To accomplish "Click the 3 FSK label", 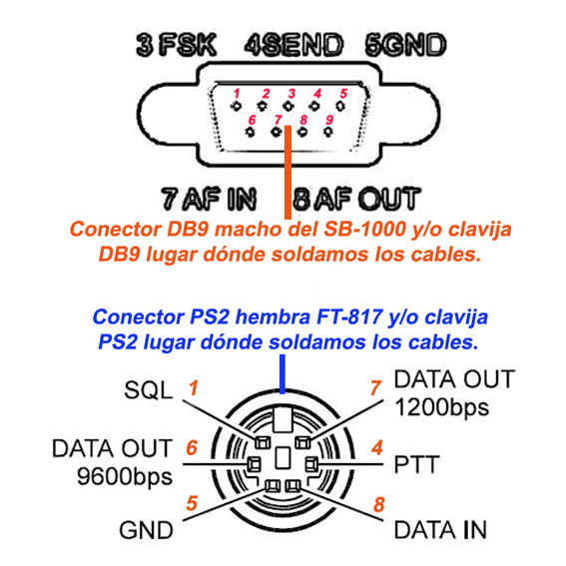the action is click(176, 46).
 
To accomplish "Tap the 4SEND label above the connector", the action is click(293, 46).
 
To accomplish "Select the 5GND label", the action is click(405, 46).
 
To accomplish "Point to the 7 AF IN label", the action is click(209, 199).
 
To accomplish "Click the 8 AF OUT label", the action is click(356, 199).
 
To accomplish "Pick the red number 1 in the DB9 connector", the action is click(237, 94).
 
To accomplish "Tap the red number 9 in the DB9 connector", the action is click(329, 120).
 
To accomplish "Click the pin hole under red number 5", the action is click(340, 106).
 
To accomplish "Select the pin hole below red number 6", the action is click(250, 132).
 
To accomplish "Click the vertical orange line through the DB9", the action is click(287, 172).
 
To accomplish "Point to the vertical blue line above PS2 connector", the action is click(283, 374).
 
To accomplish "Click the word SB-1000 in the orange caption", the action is click(364, 230).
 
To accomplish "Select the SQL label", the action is click(149, 390).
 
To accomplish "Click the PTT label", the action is click(417, 464).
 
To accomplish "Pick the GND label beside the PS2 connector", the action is click(146, 530).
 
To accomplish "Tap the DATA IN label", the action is click(440, 530).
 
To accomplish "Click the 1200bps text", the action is click(442, 408).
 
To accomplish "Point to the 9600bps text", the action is click(125, 477).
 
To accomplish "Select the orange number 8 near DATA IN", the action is click(379, 505).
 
